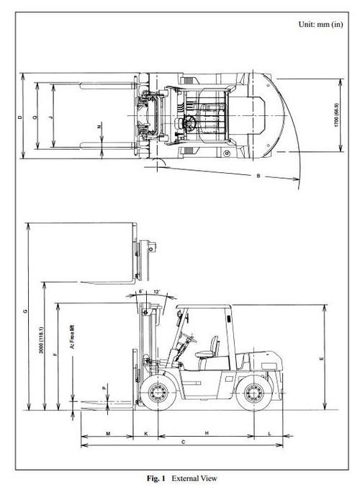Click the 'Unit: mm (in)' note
(x=320, y=24)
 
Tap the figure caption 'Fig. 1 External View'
(x=180, y=478)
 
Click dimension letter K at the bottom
(x=146, y=434)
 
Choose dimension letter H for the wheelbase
(x=206, y=434)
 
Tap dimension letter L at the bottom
(x=269, y=434)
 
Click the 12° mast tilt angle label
(x=156, y=293)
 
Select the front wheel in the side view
(x=158, y=393)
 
